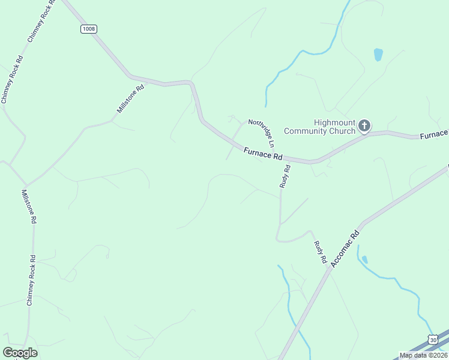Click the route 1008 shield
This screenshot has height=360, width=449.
tap(88, 28)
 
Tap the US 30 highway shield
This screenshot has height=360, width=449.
tap(433, 339)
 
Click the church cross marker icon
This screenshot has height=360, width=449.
tap(364, 126)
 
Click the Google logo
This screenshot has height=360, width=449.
tap(20, 352)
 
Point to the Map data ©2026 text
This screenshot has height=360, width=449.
tap(424, 355)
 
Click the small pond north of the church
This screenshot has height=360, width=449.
tap(378, 55)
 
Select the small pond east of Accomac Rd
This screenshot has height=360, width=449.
tap(365, 260)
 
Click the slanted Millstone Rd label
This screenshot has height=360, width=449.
tap(130, 99)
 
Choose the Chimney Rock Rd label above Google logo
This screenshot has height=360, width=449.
tap(31, 280)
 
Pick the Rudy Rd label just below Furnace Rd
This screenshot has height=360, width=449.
tap(286, 177)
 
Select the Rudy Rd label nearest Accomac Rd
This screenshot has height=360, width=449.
tap(320, 253)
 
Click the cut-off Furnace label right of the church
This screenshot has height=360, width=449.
tap(433, 135)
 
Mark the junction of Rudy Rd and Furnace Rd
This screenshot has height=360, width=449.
tap(284, 159)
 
